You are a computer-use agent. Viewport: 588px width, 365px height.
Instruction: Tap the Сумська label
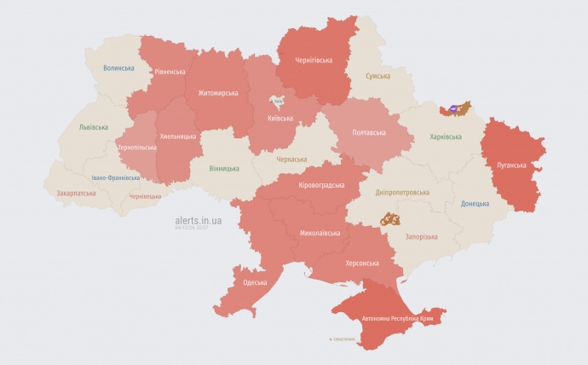click(378, 77)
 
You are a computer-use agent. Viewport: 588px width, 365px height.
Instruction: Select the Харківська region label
click(447, 136)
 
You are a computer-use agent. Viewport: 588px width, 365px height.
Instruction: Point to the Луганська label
click(511, 164)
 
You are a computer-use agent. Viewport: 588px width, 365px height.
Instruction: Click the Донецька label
click(475, 204)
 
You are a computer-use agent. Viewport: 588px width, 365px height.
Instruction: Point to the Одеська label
click(255, 282)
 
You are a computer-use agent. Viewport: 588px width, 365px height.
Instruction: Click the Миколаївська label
click(320, 233)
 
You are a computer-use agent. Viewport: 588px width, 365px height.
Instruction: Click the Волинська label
click(118, 67)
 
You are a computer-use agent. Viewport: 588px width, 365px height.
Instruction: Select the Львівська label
click(93, 127)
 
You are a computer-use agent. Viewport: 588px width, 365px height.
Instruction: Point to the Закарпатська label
click(76, 194)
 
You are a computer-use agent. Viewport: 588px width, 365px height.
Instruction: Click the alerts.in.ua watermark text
click(199, 220)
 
